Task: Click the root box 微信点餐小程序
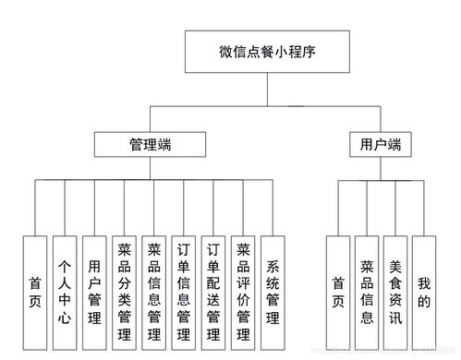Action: tap(269, 50)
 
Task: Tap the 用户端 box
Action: tap(381, 145)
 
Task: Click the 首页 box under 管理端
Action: tap(34, 288)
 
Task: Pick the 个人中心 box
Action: tap(64, 288)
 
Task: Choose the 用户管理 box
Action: tap(93, 288)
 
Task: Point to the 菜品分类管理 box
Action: tap(124, 288)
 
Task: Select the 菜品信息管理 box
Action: tap(153, 288)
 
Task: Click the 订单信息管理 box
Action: tap(183, 288)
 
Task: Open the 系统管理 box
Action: tap(273, 288)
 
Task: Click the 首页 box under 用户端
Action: tap(338, 288)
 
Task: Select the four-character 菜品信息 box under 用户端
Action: tap(367, 288)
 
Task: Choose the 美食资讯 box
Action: tap(395, 288)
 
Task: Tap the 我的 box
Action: tap(423, 288)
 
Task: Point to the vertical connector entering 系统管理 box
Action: tap(273, 208)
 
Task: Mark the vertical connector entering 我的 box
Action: tap(423, 208)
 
